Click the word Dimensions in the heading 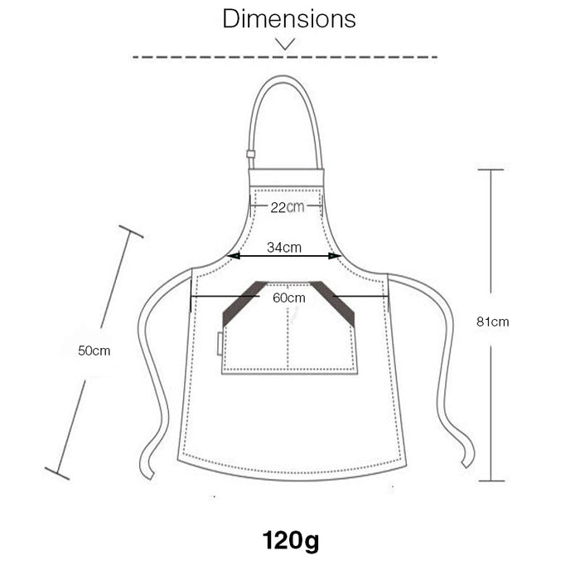click(289, 18)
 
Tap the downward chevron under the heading click(285, 44)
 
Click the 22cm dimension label click(287, 207)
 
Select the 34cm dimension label click(284, 247)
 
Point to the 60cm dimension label click(289, 297)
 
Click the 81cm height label click(492, 321)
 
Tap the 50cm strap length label click(94, 350)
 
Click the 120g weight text click(291, 541)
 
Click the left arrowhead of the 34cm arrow click(234, 255)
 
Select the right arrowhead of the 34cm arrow click(335, 255)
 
